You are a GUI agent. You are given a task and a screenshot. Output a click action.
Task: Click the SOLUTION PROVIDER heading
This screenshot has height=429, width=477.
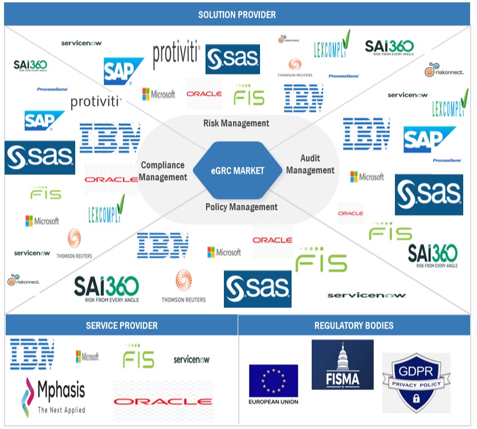(x=236, y=14)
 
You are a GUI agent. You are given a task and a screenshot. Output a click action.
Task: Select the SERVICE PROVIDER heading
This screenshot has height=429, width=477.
(x=121, y=325)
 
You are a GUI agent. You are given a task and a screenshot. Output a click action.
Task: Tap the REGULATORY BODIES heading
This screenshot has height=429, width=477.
(x=354, y=325)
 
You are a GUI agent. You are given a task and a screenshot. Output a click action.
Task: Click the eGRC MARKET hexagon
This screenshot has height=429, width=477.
(x=236, y=170)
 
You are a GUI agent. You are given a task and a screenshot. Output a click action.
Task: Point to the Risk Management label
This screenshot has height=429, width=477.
(x=236, y=123)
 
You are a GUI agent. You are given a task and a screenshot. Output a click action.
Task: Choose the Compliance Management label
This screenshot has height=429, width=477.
(x=164, y=171)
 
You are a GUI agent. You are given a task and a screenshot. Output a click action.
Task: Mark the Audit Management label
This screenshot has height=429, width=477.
(x=310, y=164)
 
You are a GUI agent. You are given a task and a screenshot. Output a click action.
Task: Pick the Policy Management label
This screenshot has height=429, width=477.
(x=241, y=206)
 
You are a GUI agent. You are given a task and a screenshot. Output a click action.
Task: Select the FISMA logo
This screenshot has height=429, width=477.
(x=342, y=365)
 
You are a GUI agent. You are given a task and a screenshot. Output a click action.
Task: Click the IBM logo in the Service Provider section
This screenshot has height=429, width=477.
(x=32, y=354)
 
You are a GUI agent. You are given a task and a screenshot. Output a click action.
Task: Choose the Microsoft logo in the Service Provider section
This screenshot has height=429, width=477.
(x=87, y=357)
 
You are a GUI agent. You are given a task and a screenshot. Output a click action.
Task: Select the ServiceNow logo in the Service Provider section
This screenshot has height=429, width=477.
(x=191, y=360)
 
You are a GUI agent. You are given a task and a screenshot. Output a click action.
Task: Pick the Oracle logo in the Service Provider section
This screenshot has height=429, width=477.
(x=163, y=401)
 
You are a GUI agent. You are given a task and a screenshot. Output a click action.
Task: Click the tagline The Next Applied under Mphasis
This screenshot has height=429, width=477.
(x=61, y=410)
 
